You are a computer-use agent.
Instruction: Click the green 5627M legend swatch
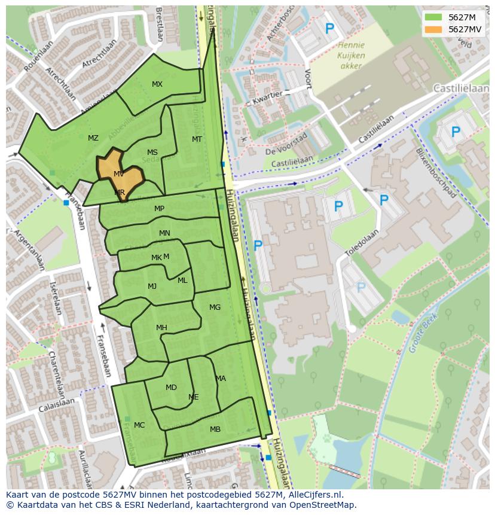click(x=434, y=17)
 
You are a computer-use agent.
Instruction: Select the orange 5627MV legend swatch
click(x=434, y=29)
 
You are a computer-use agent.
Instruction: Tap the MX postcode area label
click(x=157, y=84)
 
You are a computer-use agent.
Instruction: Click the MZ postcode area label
click(x=93, y=138)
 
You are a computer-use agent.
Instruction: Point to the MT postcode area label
click(x=197, y=139)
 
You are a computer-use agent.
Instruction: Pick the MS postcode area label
click(x=152, y=153)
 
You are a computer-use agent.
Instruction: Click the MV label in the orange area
click(x=118, y=174)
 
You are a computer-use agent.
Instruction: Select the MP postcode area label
click(x=159, y=209)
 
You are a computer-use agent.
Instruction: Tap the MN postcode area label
click(x=164, y=233)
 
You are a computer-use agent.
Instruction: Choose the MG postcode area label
click(x=215, y=307)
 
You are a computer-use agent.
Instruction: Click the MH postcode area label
click(x=161, y=328)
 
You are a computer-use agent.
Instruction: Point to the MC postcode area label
click(x=139, y=425)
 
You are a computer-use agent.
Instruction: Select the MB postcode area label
click(x=215, y=429)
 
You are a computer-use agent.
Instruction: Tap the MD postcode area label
click(x=171, y=388)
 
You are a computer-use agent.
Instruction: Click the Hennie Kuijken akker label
click(x=351, y=56)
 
